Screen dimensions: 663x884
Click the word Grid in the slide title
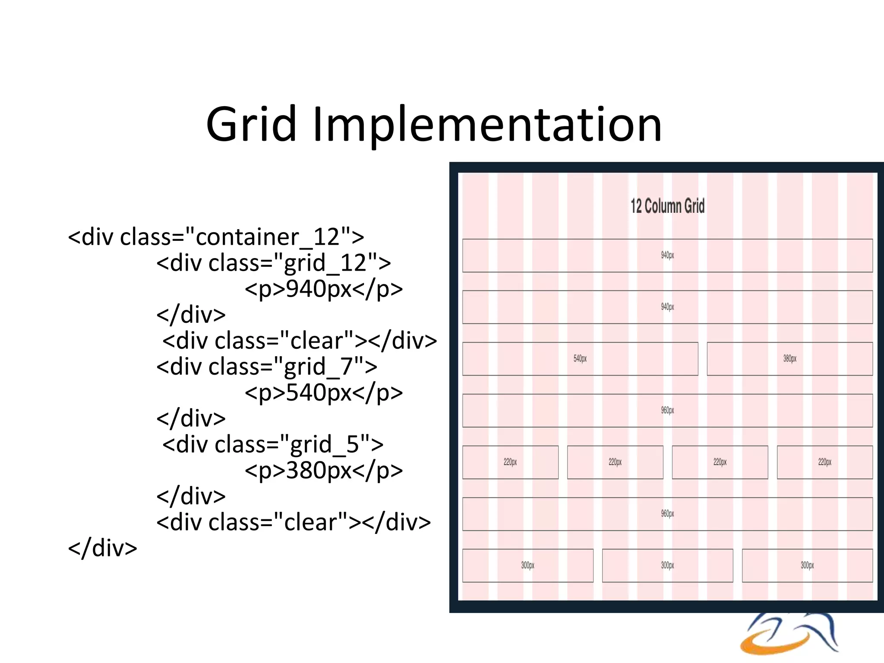252,125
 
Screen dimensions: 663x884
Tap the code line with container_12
216,237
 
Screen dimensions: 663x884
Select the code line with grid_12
273,263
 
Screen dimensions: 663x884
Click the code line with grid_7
266,366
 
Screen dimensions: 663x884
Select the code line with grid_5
272,444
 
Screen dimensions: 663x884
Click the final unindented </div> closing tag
103,548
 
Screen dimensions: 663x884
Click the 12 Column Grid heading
667,206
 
